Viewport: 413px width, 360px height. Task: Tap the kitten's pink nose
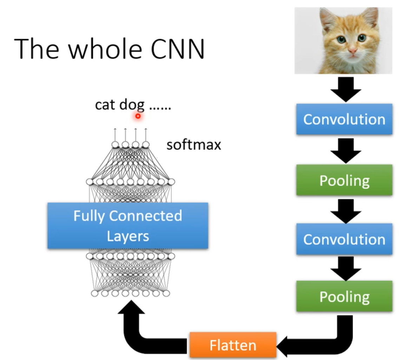pyautogui.click(x=353, y=51)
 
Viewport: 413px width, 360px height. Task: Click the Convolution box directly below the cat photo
pyautogui.click(x=344, y=120)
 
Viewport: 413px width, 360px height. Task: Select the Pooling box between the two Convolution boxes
pyautogui.click(x=344, y=180)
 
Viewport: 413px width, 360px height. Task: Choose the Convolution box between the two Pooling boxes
pyautogui.click(x=344, y=239)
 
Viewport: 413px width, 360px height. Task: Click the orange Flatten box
pyautogui.click(x=233, y=345)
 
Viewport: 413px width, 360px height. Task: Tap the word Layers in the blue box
pyautogui.click(x=128, y=236)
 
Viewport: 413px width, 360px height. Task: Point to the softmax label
pyautogui.click(x=194, y=145)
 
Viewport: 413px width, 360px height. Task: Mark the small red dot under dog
pyautogui.click(x=138, y=116)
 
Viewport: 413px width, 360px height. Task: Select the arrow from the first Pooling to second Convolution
pyautogui.click(x=346, y=210)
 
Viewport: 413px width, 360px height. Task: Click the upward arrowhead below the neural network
pyautogui.click(x=132, y=311)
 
